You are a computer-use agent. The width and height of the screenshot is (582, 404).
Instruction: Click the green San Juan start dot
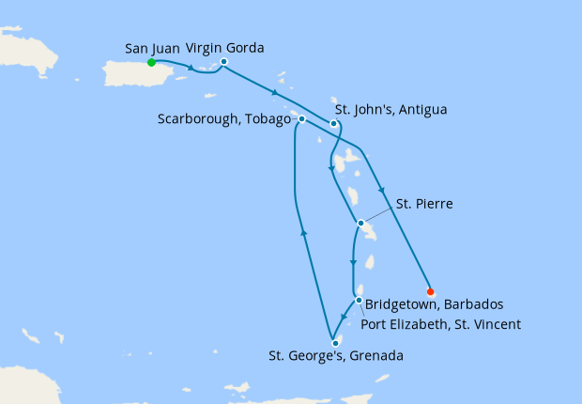pyautogui.click(x=151, y=63)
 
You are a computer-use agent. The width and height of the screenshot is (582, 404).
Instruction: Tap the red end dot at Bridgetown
pyautogui.click(x=430, y=290)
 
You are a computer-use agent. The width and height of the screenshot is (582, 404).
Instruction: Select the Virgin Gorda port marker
pyautogui.click(x=223, y=63)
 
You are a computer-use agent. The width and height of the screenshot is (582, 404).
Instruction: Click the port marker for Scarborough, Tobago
pyautogui.click(x=301, y=119)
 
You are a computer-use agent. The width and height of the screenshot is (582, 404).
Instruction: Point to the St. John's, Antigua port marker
pyautogui.click(x=333, y=123)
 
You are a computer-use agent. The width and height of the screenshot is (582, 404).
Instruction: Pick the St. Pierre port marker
pyautogui.click(x=360, y=224)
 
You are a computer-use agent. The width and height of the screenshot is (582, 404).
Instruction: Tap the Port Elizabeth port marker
pyautogui.click(x=359, y=301)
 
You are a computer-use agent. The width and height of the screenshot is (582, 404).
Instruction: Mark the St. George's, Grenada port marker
pyautogui.click(x=335, y=343)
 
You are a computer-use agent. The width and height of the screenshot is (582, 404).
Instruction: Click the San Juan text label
pyautogui.click(x=151, y=47)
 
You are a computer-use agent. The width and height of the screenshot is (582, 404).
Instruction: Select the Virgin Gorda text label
pyautogui.click(x=224, y=47)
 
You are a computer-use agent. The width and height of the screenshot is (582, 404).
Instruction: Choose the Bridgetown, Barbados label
pyautogui.click(x=436, y=305)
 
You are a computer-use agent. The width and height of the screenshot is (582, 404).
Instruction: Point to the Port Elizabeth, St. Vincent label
pyautogui.click(x=441, y=324)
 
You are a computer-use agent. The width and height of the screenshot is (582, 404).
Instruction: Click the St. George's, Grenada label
pyautogui.click(x=336, y=356)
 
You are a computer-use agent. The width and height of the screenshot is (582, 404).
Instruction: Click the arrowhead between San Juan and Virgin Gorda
pyautogui.click(x=191, y=68)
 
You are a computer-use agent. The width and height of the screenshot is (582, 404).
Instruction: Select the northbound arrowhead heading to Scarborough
pyautogui.click(x=302, y=230)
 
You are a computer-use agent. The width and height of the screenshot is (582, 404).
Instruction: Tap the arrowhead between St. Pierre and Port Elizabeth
pyautogui.click(x=353, y=264)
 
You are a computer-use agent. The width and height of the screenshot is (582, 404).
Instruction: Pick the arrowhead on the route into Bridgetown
pyautogui.click(x=383, y=192)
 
